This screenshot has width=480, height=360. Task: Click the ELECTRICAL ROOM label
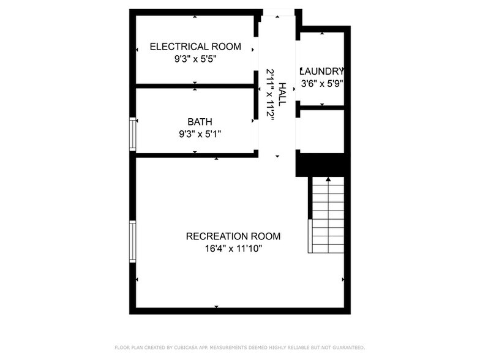coord(195,47)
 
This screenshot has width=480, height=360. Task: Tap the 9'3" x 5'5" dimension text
coord(195,59)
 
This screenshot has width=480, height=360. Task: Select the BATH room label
coord(200,121)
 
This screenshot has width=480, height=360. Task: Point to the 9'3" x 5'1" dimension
coord(200,133)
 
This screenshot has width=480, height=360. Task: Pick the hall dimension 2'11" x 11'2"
coord(270,94)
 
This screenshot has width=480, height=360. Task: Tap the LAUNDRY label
coord(322,71)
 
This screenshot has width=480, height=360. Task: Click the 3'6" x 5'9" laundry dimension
coord(322,83)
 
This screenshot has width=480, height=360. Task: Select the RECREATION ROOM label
coord(233,236)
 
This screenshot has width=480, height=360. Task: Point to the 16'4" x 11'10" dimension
coord(233,249)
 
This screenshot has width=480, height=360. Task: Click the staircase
coord(328,214)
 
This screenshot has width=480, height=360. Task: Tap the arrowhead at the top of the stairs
coord(328,179)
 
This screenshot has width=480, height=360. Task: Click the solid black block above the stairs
coord(322,164)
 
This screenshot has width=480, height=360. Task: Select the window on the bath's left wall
coord(132,133)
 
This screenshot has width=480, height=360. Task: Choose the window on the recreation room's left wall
coord(132,241)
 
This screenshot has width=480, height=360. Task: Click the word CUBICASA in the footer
coord(186,347)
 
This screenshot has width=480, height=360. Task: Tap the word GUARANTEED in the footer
coord(346,347)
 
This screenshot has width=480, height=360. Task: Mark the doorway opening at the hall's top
coord(279,12)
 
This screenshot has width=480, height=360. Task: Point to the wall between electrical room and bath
coord(195,86)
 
